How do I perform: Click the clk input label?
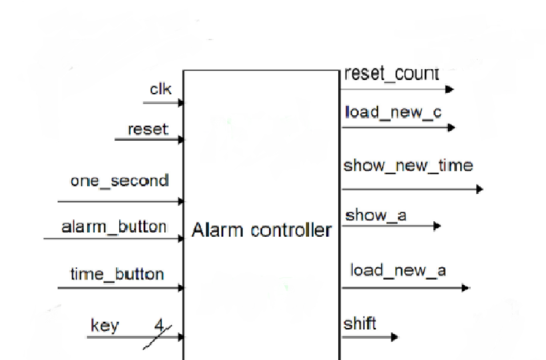point(160,89)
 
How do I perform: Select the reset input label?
point(148,129)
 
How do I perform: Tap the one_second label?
point(120,181)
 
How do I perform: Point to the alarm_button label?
point(114,227)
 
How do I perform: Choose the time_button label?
point(117,274)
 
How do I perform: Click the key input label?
point(105,326)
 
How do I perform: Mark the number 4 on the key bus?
point(159,326)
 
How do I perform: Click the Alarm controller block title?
point(262,230)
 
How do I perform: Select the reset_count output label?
point(392,74)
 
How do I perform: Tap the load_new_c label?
point(393,112)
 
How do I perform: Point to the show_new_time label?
point(408,166)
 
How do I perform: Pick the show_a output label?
point(376,215)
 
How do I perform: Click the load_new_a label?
point(398,270)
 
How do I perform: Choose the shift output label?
point(360,324)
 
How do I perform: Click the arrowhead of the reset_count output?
point(449,89)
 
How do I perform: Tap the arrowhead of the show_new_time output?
point(479,189)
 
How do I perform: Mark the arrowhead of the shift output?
point(394,337)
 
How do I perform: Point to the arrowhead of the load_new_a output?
point(465,287)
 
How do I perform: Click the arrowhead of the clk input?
point(182,103)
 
